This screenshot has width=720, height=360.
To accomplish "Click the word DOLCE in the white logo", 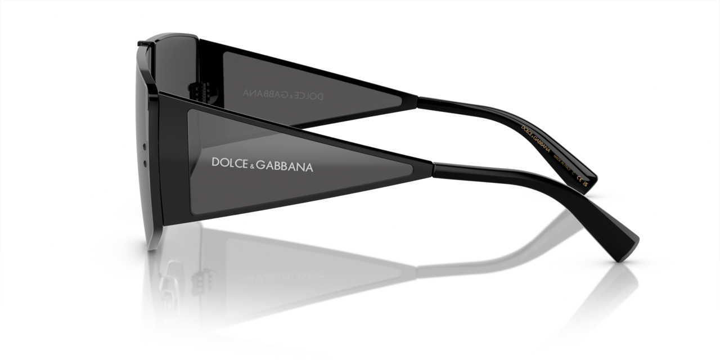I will (229, 163).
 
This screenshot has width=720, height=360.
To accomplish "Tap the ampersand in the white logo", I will (252, 164).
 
